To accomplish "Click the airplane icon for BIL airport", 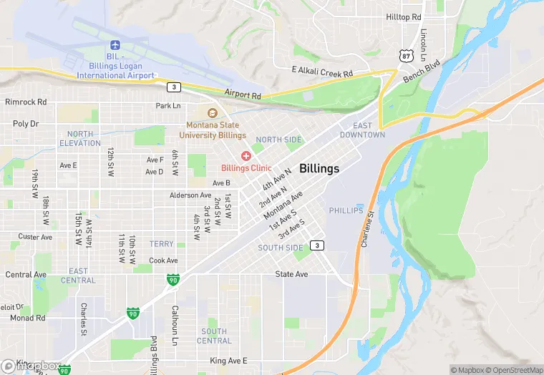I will (115, 46).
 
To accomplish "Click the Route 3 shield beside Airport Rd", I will (173, 87).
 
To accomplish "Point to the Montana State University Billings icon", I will (212, 113).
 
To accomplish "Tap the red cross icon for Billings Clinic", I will (246, 156).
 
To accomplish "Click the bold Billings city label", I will (319, 169).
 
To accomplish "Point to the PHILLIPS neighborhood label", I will (346, 210).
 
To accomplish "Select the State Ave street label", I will (291, 274).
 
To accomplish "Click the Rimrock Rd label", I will (25, 102).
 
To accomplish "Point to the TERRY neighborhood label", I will (162, 244).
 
